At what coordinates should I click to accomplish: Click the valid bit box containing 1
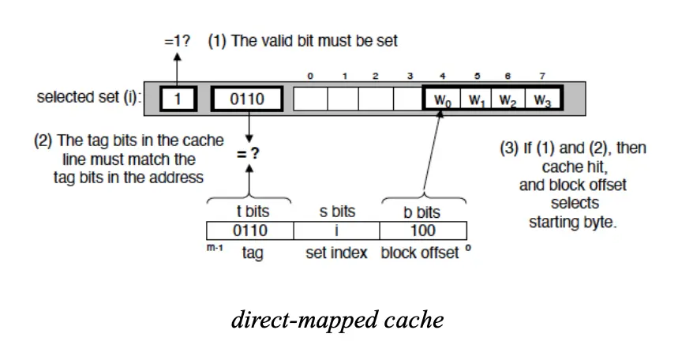178,99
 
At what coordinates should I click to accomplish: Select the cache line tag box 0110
247,99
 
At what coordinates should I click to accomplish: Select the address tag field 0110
249,231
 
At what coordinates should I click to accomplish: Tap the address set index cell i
336,231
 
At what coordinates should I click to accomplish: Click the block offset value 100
423,231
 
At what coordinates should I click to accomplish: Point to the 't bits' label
249,212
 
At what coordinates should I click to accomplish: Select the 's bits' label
336,212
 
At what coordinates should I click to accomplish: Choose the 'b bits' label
423,212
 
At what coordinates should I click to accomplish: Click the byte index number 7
541,77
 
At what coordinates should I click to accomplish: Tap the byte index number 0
310,77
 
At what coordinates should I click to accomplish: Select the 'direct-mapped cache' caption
337,320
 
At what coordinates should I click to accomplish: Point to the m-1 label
213,249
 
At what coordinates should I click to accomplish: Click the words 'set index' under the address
336,253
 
